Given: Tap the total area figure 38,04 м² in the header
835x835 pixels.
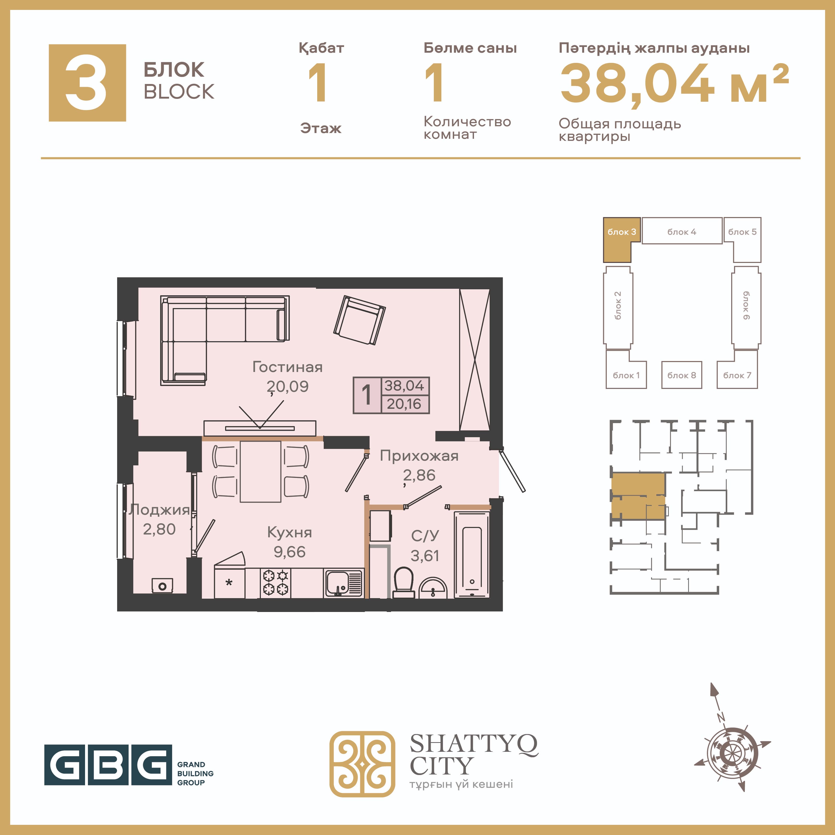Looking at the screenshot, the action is (674, 83).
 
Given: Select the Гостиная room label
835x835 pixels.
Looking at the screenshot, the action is (287, 367).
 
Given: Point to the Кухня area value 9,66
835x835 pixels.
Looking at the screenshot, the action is (290, 552).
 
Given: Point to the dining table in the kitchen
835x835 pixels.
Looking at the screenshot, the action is (261, 471).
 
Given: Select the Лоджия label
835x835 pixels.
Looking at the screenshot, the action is (159, 510).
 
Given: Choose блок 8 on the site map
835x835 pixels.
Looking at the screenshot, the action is (682, 375).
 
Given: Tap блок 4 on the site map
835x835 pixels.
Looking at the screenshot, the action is (682, 231).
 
